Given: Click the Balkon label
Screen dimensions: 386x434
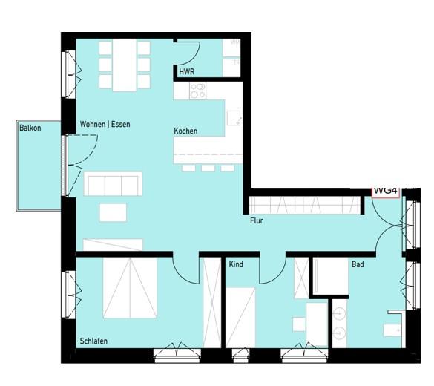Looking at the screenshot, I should [30, 128].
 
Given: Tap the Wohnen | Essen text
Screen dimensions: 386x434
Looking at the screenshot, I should [105, 124].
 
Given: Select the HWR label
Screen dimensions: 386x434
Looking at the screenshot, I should [187, 72].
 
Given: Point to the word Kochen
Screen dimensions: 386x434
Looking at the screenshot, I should [185, 131].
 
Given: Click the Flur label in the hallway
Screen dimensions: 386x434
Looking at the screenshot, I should [257, 220].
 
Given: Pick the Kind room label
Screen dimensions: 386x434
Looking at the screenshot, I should [236, 264].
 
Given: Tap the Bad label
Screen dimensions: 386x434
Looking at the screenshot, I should [358, 264].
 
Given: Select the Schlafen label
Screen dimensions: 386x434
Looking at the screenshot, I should [94, 341].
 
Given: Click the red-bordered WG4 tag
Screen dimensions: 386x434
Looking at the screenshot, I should [386, 192].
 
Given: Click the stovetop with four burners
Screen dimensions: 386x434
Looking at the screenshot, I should [198, 91].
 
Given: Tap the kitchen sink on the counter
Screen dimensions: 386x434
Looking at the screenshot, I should [234, 117].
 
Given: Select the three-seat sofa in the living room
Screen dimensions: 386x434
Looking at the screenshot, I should [113, 183].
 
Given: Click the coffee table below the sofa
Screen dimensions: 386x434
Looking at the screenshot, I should [113, 212].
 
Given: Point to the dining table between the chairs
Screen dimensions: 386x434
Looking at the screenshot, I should [124, 65].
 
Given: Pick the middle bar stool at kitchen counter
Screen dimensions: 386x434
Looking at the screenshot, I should [208, 168].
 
